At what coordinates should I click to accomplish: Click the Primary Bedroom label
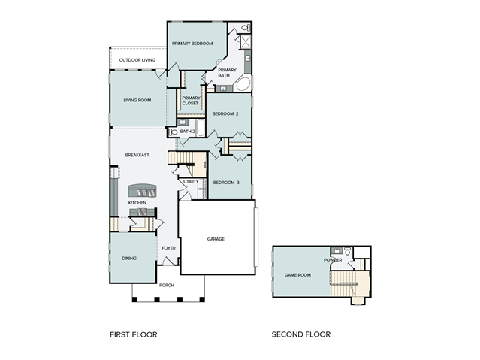pyautogui.click(x=192, y=44)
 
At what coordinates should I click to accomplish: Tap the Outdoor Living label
pyautogui.click(x=137, y=60)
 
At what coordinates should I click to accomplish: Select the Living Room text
pyautogui.click(x=137, y=100)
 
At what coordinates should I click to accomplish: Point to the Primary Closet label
pyautogui.click(x=191, y=101)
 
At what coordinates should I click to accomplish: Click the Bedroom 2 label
pyautogui.click(x=225, y=113)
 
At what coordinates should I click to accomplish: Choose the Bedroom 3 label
pyautogui.click(x=226, y=183)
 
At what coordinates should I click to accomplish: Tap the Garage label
pyautogui.click(x=216, y=239)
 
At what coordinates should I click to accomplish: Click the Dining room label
pyautogui.click(x=129, y=259)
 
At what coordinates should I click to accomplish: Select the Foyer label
pyautogui.click(x=169, y=248)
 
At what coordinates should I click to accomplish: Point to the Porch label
pyautogui.click(x=167, y=286)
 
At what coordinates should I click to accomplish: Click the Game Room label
pyautogui.click(x=297, y=275)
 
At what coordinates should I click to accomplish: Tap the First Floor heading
pyautogui.click(x=134, y=334)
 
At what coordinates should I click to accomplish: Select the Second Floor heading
pyautogui.click(x=301, y=334)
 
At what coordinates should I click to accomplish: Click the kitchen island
pyautogui.click(x=142, y=191)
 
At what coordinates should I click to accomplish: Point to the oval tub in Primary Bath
pyautogui.click(x=243, y=83)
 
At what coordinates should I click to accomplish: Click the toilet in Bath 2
pyautogui.click(x=173, y=132)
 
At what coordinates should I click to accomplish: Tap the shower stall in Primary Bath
pyautogui.click(x=246, y=42)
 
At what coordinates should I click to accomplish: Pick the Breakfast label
pyautogui.click(x=137, y=155)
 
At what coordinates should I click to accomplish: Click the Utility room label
pyautogui.click(x=191, y=181)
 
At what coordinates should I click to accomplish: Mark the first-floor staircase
pyautogui.click(x=180, y=158)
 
